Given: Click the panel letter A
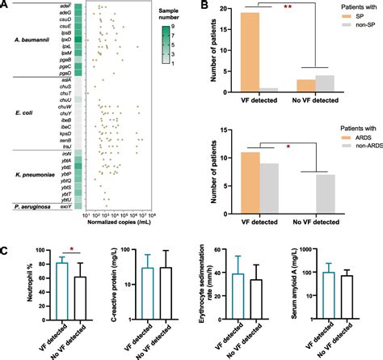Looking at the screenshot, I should point(6,6).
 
